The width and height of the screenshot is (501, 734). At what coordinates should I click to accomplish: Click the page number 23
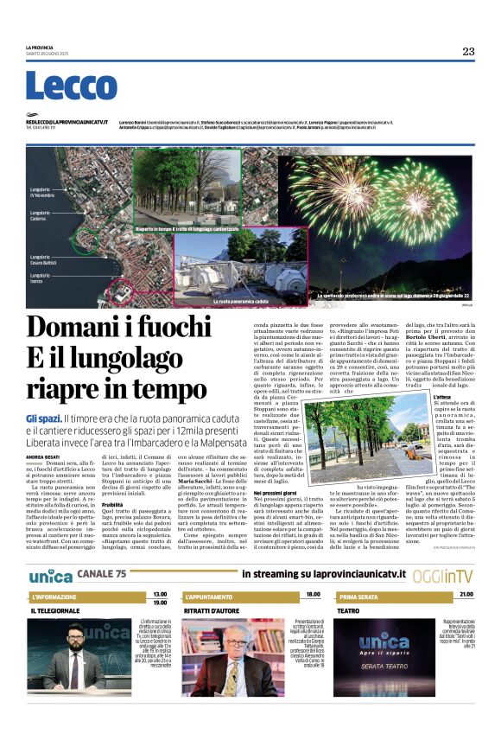[468, 51]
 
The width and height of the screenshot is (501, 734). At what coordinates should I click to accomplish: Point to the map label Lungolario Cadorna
[40, 216]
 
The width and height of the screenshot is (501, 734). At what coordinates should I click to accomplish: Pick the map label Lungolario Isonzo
[40, 278]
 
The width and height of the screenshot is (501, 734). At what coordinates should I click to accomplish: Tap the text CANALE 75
[101, 573]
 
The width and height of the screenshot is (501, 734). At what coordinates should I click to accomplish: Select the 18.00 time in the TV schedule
[313, 594]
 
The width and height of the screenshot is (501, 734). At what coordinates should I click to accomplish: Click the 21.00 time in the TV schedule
[466, 594]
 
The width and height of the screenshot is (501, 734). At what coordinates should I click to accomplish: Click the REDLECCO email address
[67, 123]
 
